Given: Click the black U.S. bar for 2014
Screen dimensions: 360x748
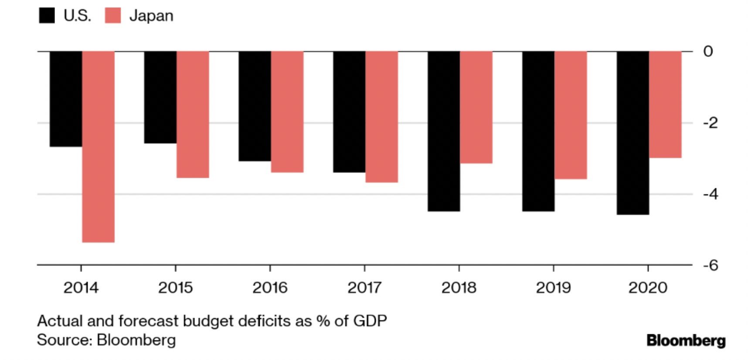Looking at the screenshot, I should (66, 99).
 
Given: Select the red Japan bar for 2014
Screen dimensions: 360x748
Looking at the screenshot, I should (98, 146).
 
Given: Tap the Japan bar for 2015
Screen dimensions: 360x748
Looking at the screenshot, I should (193, 114).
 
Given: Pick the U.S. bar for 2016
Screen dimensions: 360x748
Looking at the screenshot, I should (255, 106).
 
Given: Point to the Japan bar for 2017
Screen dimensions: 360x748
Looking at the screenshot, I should (381, 116).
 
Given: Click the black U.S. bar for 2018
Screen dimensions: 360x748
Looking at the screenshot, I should (444, 131).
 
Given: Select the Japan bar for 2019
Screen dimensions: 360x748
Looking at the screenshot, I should (571, 115).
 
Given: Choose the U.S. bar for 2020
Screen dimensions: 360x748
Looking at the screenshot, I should (632, 132).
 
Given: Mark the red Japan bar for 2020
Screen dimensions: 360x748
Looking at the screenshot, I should (665, 105).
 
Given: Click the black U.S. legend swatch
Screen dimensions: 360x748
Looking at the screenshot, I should (47, 16).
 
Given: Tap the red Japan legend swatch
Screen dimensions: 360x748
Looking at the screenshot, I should (113, 16).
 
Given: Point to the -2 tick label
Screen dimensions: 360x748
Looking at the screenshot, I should (710, 123).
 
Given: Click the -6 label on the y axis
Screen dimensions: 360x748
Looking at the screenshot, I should (710, 265).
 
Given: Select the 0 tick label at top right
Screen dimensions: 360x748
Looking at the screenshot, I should (708, 51).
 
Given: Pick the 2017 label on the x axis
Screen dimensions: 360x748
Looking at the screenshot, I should (364, 288).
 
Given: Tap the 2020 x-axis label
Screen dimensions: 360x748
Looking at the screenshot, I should (648, 288).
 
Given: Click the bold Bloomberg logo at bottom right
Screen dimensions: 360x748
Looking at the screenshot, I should (686, 340).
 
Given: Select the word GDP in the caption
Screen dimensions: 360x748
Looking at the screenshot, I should (370, 321).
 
